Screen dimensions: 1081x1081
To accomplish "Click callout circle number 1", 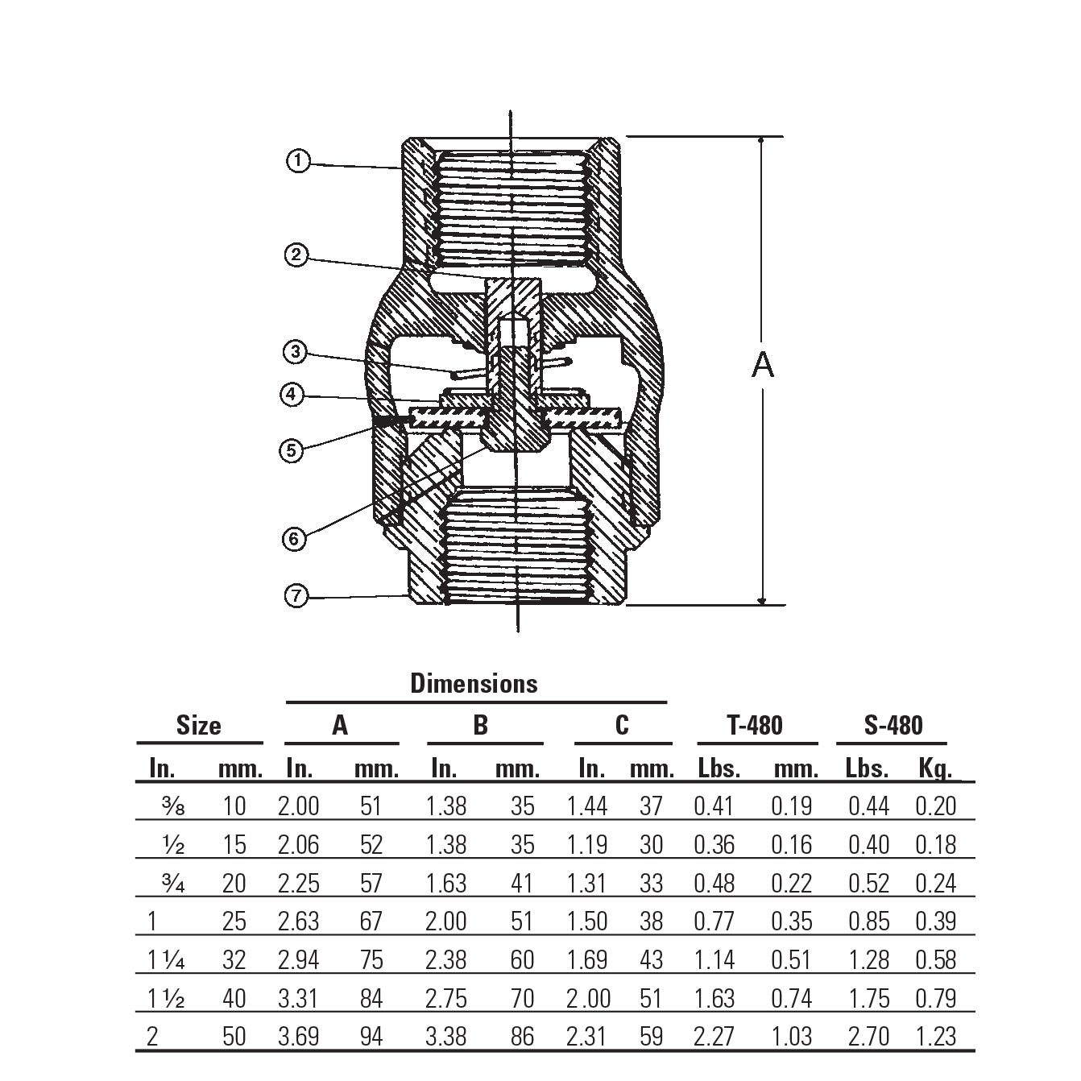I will pyautogui.click(x=298, y=161).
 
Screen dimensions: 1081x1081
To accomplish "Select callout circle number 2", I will pyautogui.click(x=296, y=256).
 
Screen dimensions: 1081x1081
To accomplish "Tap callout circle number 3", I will pyautogui.click(x=296, y=352).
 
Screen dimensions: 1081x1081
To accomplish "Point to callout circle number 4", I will pyautogui.click(x=292, y=395).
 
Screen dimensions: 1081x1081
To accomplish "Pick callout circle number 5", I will pyautogui.click(x=292, y=449).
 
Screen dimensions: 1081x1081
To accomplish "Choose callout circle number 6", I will pyautogui.click(x=295, y=538).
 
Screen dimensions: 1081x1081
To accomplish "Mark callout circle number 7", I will pyautogui.click(x=296, y=596).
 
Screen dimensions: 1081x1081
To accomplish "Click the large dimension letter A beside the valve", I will pyautogui.click(x=762, y=365).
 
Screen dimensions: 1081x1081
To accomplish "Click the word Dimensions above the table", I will pyautogui.click(x=474, y=683).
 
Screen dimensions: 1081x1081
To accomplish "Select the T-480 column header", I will pyautogui.click(x=755, y=725).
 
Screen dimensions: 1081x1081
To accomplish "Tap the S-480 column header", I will pyautogui.click(x=893, y=725).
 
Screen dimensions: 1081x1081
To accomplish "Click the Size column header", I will pyautogui.click(x=198, y=725).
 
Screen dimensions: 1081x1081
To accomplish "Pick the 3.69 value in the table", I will pyautogui.click(x=299, y=1036).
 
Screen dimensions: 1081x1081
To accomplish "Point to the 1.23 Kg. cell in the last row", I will pyautogui.click(x=935, y=1036).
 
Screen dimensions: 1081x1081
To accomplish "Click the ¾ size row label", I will pyautogui.click(x=173, y=884).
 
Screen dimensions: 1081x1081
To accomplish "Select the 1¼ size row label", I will pyautogui.click(x=167, y=960).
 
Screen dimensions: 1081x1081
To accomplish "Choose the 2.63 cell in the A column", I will pyautogui.click(x=299, y=922).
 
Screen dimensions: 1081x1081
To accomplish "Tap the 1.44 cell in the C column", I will pyautogui.click(x=586, y=806).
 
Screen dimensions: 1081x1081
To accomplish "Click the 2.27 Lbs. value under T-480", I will pyautogui.click(x=714, y=1036).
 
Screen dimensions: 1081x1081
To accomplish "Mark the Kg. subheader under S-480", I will pyautogui.click(x=935, y=768).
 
